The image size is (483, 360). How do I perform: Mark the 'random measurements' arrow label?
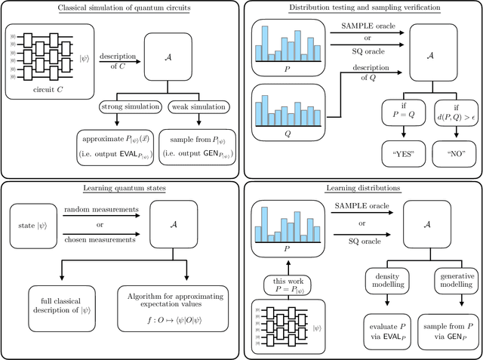point(101,208)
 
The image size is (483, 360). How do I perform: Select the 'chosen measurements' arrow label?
point(101,241)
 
